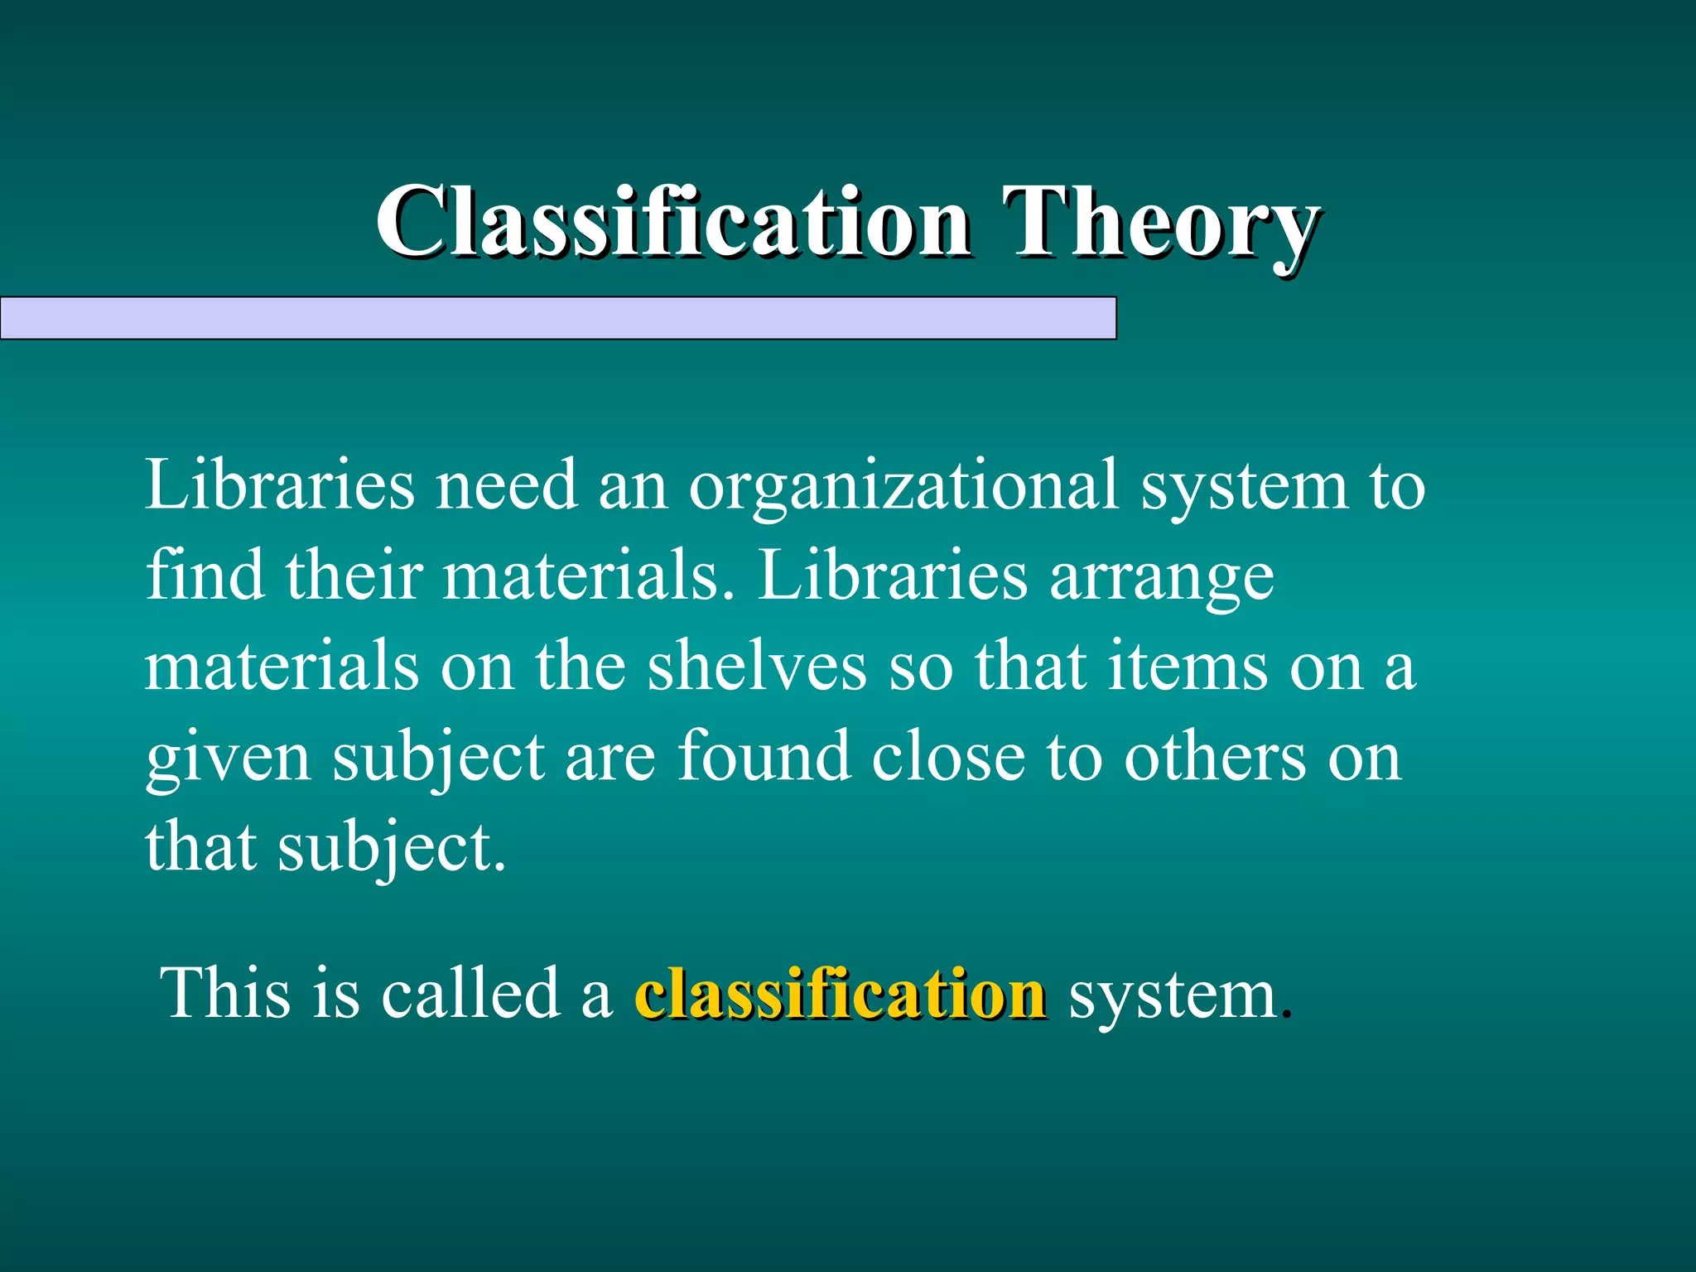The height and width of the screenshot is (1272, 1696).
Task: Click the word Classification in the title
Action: click(672, 222)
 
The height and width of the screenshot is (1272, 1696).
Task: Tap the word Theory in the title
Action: click(1160, 222)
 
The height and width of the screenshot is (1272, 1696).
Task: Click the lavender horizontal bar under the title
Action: click(558, 318)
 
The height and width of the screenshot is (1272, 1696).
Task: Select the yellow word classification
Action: click(840, 994)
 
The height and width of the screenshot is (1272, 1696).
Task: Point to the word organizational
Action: click(903, 487)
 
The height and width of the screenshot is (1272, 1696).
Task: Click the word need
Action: click(506, 487)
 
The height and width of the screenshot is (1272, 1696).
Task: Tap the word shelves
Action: click(756, 667)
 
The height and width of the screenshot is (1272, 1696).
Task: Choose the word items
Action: click(1188, 667)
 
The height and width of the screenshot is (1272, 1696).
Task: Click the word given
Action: click(229, 759)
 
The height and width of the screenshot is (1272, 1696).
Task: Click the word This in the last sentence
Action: click(225, 994)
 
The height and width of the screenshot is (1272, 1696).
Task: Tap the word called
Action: click(471, 994)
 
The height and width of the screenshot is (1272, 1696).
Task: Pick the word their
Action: click(354, 576)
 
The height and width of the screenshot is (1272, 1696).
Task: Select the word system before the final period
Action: click(1173, 995)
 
